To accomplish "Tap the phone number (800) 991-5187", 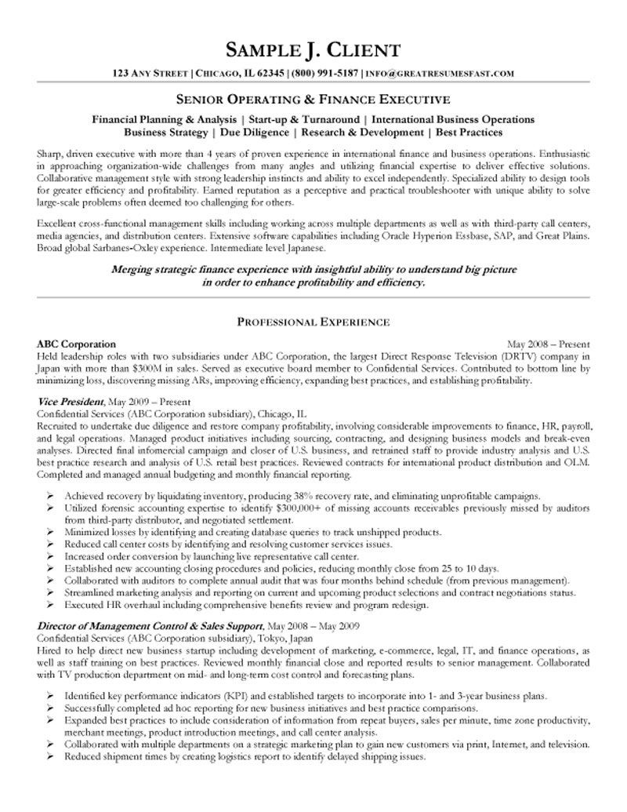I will tap(324, 74).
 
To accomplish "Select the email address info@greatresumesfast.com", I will tap(440, 74).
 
